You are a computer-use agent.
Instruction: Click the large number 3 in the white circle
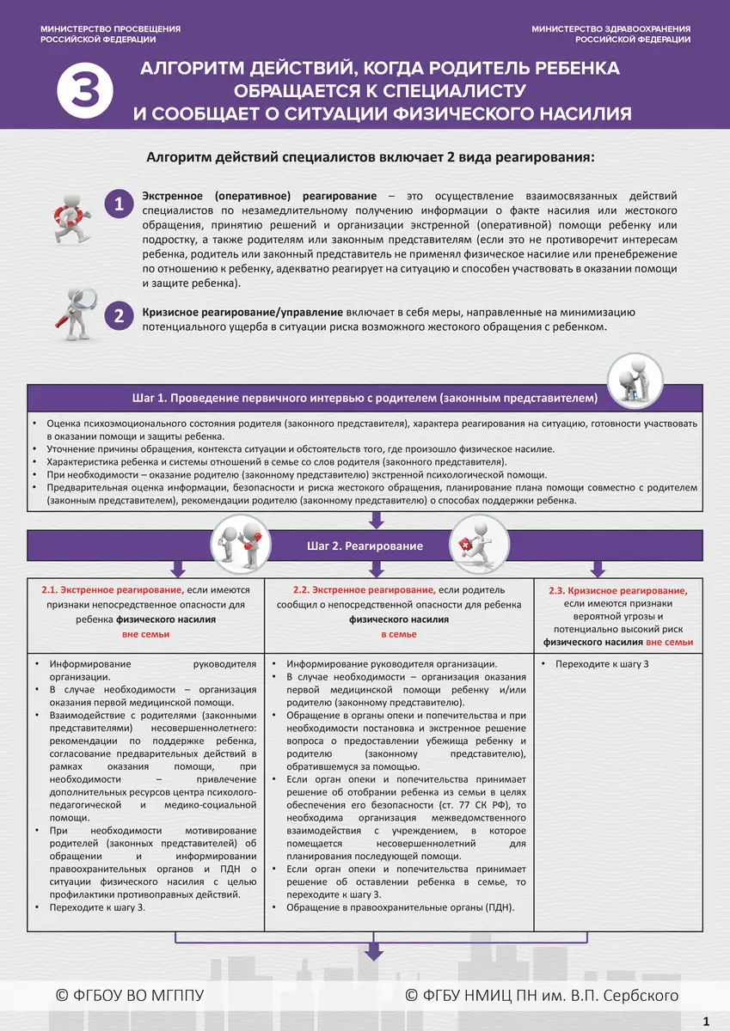[83, 91]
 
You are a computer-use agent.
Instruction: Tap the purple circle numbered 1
[120, 204]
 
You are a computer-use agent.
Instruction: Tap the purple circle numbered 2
[120, 316]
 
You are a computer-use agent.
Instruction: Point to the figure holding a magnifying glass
[74, 311]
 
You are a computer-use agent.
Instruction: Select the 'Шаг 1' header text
[364, 399]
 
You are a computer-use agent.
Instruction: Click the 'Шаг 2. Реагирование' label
[365, 546]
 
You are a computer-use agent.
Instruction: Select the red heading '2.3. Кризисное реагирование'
[617, 591]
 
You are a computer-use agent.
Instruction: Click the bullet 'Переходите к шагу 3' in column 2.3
[601, 664]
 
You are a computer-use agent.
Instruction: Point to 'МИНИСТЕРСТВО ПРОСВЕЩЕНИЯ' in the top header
[110, 29]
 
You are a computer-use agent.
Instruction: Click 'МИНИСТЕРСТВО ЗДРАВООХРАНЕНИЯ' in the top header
[610, 29]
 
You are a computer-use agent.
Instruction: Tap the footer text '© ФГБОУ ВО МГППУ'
[130, 995]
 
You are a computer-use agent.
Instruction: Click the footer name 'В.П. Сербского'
[629, 995]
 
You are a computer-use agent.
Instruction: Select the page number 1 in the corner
[706, 1021]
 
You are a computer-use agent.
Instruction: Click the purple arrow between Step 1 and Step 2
[375, 519]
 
